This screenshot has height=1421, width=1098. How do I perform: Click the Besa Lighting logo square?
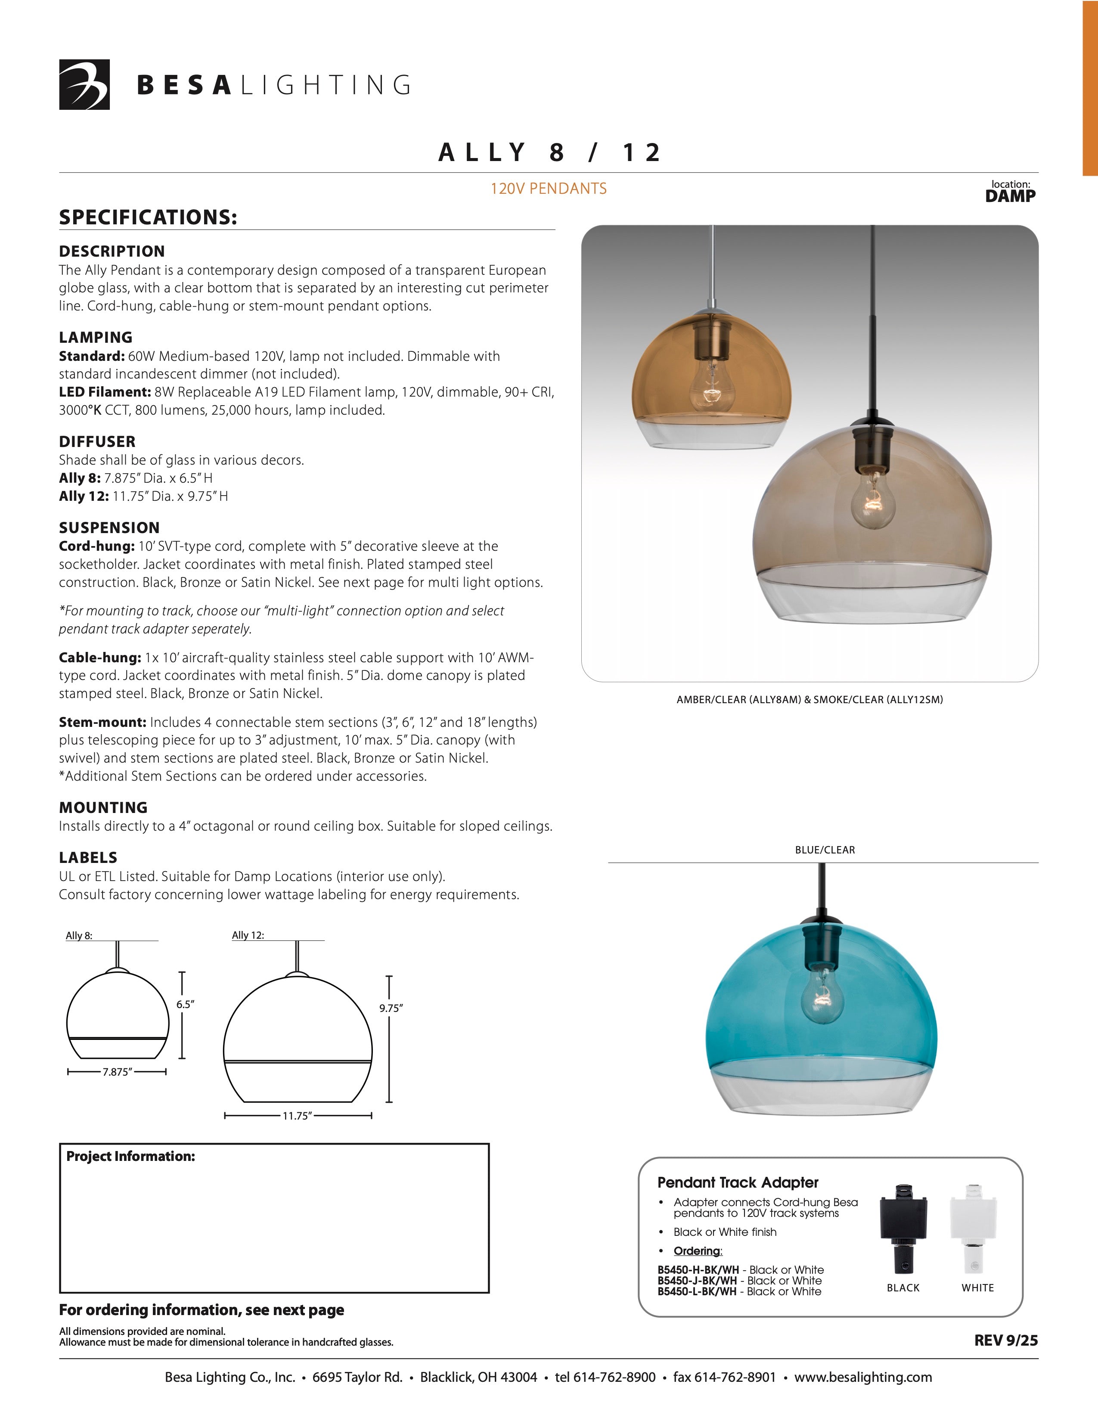[x=84, y=84]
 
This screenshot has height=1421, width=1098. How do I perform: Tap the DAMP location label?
[x=1010, y=196]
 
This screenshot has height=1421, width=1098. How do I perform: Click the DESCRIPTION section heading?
[x=112, y=251]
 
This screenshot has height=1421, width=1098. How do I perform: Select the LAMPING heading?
[x=96, y=337]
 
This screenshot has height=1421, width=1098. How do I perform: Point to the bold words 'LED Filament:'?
[x=105, y=392]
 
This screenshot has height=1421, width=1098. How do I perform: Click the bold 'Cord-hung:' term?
[x=96, y=546]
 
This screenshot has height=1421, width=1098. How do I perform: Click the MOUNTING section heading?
[x=103, y=807]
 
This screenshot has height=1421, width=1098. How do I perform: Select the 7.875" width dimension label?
[x=117, y=1072]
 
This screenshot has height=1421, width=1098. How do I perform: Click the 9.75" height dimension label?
[x=391, y=1008]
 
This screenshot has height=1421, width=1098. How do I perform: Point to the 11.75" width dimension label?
[x=297, y=1116]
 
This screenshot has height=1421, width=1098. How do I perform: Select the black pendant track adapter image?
[x=903, y=1229]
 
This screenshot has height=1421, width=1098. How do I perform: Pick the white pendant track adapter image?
[x=973, y=1229]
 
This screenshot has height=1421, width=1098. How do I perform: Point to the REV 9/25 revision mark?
[x=1005, y=1340]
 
